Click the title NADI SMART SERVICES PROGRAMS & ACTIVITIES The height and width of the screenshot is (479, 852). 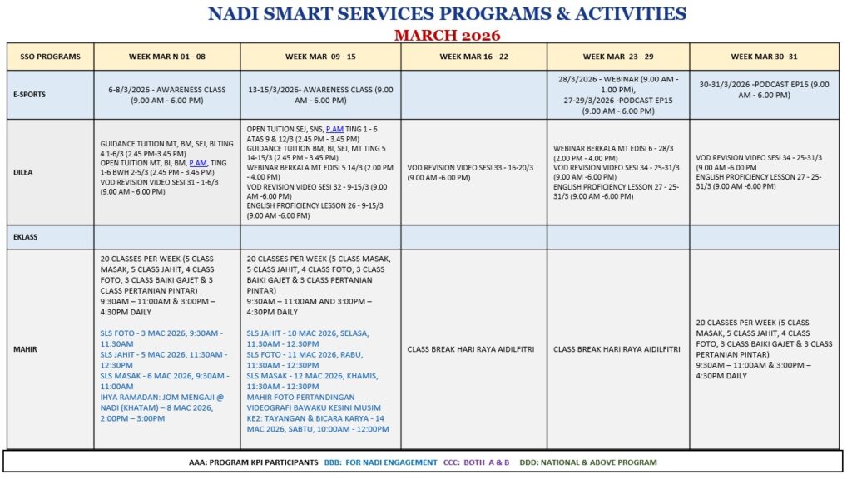coord(447,14)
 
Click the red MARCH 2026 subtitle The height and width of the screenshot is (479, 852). coord(447,34)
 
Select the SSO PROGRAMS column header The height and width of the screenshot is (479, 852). coord(51,57)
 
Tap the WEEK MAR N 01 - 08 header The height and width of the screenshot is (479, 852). coord(166,57)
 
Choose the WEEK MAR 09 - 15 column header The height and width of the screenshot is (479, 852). coord(320,57)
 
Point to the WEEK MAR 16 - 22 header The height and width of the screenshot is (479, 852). coord(473,57)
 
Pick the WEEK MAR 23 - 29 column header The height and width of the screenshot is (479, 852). coord(618,57)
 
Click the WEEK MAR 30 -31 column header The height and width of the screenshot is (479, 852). coord(764,57)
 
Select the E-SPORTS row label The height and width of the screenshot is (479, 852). coord(31,95)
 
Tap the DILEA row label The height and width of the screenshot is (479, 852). coord(25,171)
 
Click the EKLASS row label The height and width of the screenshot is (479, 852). coord(27,237)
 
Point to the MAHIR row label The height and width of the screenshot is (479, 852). coord(25,349)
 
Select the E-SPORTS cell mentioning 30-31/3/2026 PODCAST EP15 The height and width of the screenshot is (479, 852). coord(764,90)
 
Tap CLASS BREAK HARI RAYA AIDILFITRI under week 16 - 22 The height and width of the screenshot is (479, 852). coord(473,349)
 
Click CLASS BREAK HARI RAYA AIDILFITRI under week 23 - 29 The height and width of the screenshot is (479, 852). coord(618,349)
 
